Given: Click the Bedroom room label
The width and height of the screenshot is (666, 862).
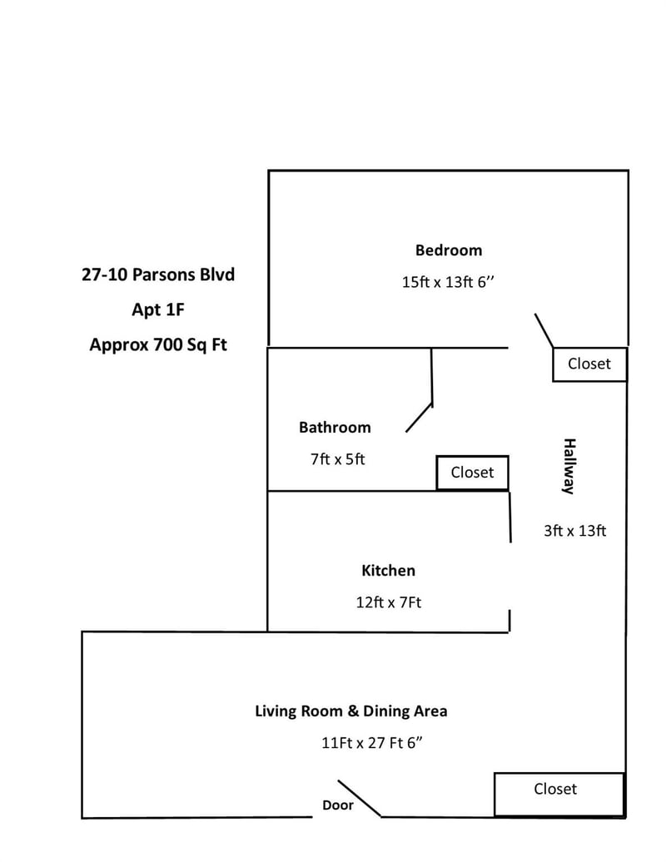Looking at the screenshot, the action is [x=448, y=250].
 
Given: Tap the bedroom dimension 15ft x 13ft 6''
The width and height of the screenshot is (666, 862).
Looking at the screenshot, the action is [x=448, y=282].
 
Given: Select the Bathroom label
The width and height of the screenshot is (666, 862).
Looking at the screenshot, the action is [x=335, y=427].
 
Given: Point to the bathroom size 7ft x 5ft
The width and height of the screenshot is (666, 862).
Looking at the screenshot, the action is [x=338, y=459].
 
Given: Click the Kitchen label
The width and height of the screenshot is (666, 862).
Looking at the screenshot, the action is [x=388, y=571].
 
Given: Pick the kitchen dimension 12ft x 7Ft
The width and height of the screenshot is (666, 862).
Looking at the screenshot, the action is [x=388, y=602].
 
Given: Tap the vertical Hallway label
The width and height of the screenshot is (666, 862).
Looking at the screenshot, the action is [x=569, y=466].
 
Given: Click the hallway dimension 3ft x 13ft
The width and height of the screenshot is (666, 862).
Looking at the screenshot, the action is [x=574, y=531].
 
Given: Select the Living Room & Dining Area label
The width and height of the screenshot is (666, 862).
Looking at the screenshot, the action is [x=350, y=711].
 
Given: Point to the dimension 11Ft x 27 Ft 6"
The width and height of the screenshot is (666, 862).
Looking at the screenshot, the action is [x=372, y=743].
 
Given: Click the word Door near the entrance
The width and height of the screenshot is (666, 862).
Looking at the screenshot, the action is [x=338, y=805].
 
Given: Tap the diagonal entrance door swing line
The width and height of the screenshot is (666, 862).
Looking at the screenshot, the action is [x=359, y=798].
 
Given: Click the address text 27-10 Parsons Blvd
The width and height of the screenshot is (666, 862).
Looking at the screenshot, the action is [x=158, y=275].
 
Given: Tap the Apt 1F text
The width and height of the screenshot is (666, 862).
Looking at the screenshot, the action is [x=158, y=310].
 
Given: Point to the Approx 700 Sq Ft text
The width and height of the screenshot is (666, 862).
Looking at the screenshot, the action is [x=158, y=344].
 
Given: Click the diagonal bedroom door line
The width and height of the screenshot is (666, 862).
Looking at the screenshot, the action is [x=544, y=330].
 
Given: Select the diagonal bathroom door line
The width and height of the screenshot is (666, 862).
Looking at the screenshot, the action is [x=419, y=418].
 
